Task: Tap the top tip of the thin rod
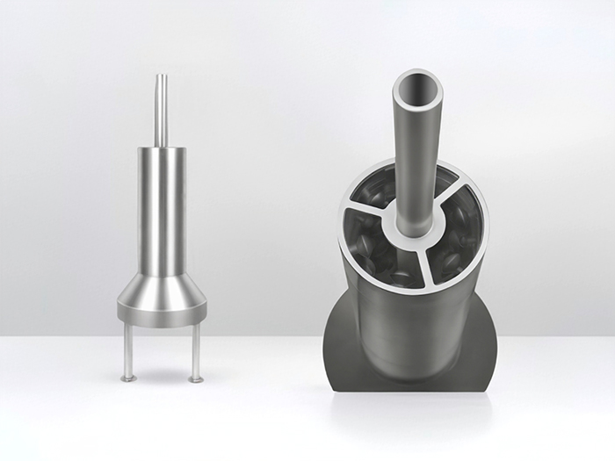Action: [x=161, y=76]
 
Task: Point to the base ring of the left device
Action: [x=162, y=313]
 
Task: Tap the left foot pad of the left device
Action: [x=128, y=378]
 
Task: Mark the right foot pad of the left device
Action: [x=196, y=379]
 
